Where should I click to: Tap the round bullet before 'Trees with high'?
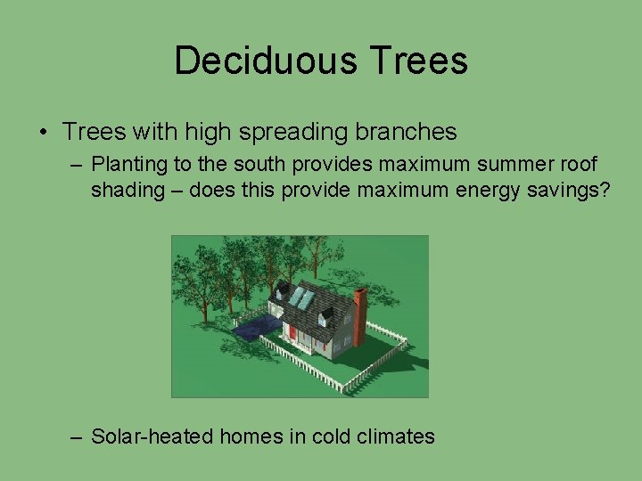[x=44, y=134]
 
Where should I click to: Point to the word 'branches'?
[x=412, y=133]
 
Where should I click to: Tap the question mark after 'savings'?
[x=605, y=191]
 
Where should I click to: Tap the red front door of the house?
[x=292, y=334]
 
